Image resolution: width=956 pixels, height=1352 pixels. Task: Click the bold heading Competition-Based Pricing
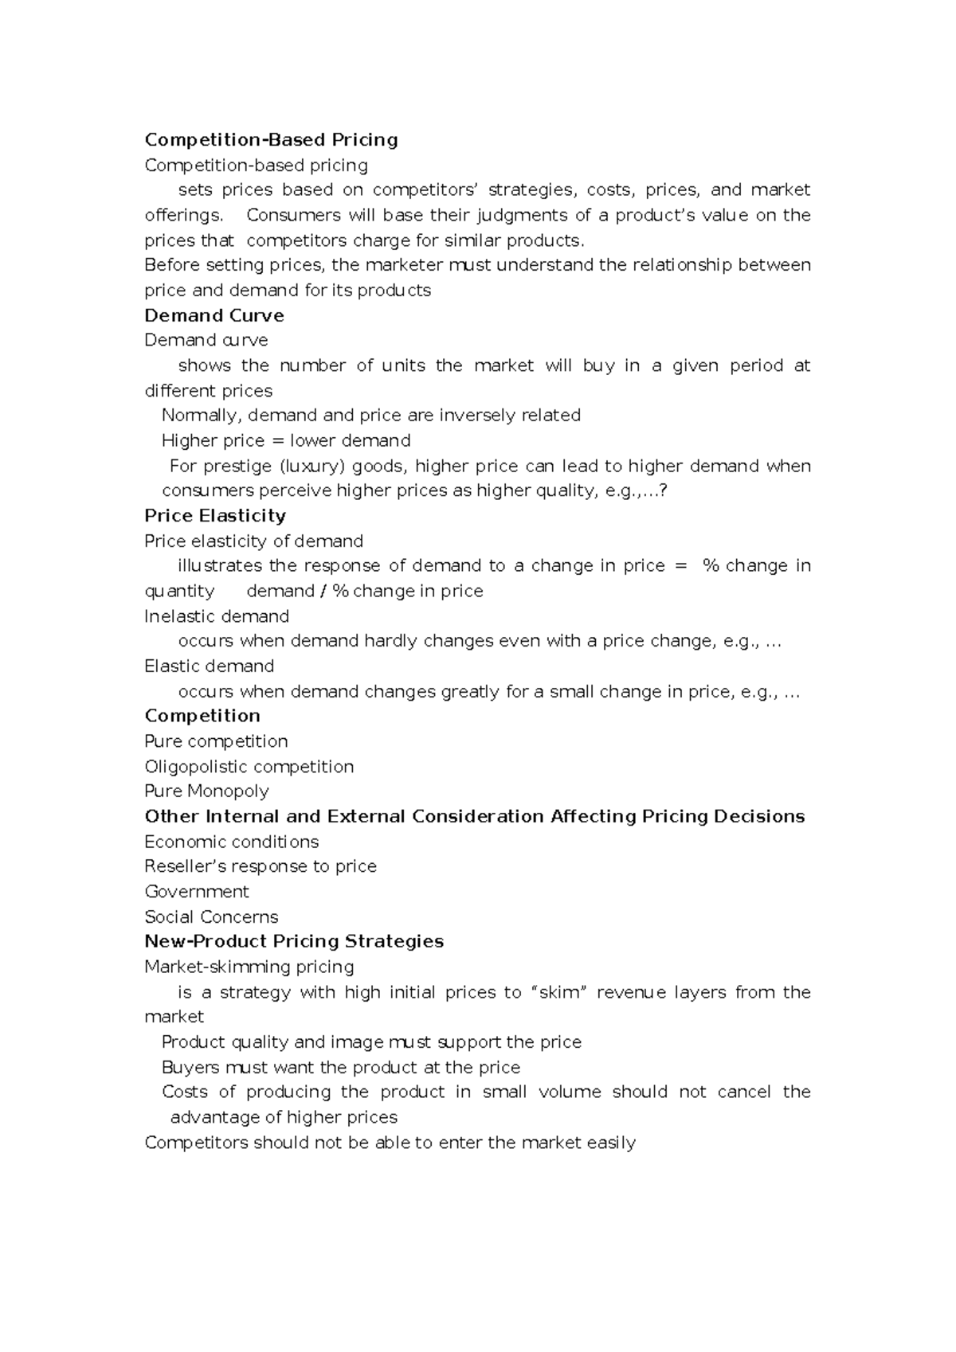[x=271, y=140]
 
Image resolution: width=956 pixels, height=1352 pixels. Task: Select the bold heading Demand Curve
[x=214, y=315]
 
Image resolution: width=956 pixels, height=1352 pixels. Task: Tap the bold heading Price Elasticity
[x=214, y=515]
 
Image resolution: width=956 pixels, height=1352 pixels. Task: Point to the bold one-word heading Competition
[x=202, y=715]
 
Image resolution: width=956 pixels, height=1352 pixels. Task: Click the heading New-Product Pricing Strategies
[x=294, y=941]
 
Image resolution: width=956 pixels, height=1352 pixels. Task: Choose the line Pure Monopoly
[x=206, y=791]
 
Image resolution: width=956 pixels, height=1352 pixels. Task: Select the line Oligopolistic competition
[x=249, y=766]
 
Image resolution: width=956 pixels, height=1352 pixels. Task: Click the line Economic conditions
[x=231, y=842]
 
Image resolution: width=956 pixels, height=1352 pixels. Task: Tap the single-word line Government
[x=197, y=891]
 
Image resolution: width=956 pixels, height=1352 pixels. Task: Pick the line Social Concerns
[x=211, y=916]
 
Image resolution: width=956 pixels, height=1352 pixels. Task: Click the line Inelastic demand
[x=217, y=616]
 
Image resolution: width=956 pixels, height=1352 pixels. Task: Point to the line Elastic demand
[x=209, y=666]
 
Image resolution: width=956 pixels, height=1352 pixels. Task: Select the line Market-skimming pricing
[x=249, y=967]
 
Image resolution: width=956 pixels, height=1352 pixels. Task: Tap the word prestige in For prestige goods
[x=237, y=466]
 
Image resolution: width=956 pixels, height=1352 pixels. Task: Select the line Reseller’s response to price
[x=261, y=866]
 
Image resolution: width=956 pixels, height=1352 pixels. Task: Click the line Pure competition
[x=216, y=740]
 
